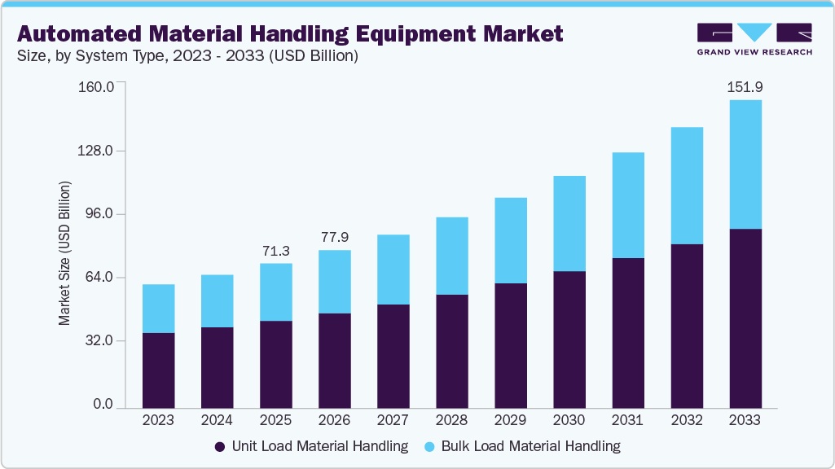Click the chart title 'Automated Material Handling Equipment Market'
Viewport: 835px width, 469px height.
[x=289, y=33]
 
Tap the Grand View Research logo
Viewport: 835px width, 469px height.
[x=754, y=38]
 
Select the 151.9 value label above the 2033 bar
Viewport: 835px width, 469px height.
[x=745, y=87]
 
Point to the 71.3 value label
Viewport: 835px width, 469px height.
[x=275, y=251]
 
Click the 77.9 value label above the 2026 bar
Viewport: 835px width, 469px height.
[x=334, y=237]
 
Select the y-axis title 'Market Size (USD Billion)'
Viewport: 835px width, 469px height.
[x=64, y=253]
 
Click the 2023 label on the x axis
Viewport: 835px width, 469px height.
[x=158, y=420]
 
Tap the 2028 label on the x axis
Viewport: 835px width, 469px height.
[x=451, y=420]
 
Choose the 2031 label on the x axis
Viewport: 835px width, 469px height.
[x=627, y=420]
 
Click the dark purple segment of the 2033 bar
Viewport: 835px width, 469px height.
[x=745, y=318]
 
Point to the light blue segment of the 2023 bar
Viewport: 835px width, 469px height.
[x=158, y=309]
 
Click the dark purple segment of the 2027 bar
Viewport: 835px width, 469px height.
[x=393, y=356]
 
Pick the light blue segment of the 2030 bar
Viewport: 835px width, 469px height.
[x=569, y=223]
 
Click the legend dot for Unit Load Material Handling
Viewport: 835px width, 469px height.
[x=220, y=446]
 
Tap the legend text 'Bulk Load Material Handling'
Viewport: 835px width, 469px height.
[x=530, y=446]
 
